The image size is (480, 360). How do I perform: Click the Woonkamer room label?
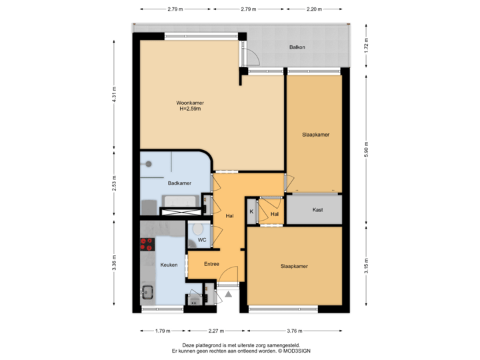point(190,103)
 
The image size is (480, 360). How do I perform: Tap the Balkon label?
point(297,47)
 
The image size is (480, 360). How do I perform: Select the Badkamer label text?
point(179,183)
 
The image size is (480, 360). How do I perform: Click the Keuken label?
point(169,265)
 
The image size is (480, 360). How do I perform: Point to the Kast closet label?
point(318,210)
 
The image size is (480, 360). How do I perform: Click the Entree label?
point(211,263)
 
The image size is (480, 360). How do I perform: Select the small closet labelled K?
point(251,211)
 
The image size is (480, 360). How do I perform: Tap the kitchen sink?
point(147,292)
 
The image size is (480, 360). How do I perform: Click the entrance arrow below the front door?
point(227,292)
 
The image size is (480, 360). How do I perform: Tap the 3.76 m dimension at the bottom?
point(291,330)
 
